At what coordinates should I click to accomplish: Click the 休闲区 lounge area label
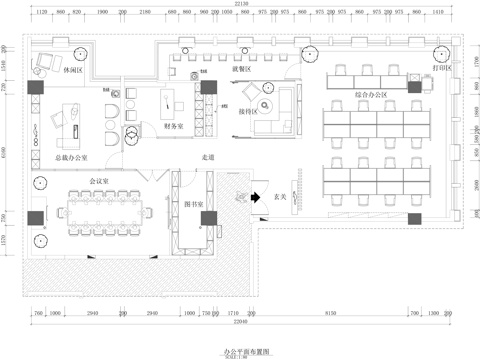[71, 71]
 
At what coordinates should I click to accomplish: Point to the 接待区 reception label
[246, 112]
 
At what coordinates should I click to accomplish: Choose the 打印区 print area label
[442, 69]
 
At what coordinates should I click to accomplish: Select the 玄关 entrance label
[281, 197]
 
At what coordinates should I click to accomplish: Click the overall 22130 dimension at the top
[241, 5]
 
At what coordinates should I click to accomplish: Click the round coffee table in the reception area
[265, 106]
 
